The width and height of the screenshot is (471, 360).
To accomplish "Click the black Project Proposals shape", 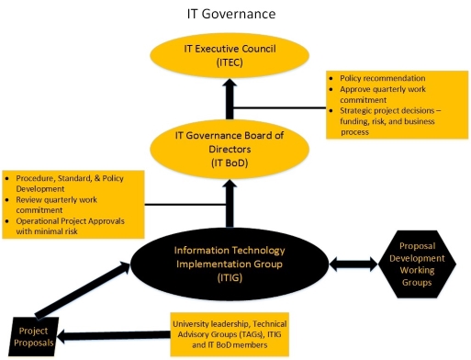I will point(35,333).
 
